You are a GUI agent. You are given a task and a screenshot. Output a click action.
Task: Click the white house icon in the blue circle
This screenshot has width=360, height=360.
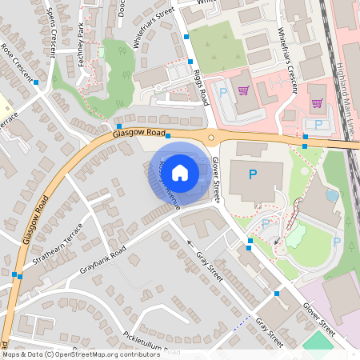[180, 171]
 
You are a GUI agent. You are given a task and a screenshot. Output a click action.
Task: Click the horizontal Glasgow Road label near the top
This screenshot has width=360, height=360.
[139, 134]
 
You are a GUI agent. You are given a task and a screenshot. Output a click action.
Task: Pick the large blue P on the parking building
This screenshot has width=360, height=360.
[253, 174]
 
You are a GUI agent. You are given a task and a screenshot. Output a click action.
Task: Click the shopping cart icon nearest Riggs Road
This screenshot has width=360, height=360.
[243, 90]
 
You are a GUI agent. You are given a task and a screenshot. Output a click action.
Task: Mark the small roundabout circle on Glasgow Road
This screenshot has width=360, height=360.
[211, 137]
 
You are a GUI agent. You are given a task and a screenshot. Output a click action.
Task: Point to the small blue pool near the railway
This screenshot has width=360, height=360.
[332, 194]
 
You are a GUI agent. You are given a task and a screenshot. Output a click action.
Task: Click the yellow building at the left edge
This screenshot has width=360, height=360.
[2, 103]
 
